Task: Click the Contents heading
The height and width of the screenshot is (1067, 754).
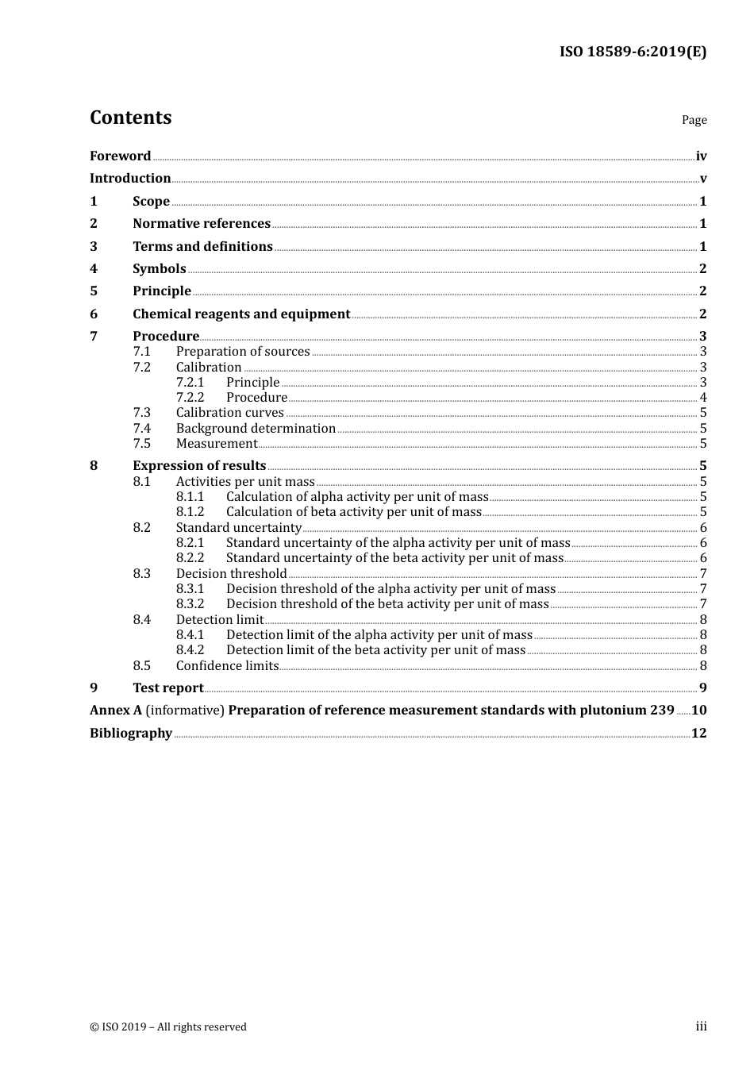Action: pos(130,117)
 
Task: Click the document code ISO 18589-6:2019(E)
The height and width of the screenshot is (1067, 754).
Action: pos(633,52)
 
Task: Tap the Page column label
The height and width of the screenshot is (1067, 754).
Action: pos(694,120)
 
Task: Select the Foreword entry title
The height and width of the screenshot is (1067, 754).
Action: pos(120,156)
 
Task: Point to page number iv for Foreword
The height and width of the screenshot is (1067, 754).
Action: pos(701,156)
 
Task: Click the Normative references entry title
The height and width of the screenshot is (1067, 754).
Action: pos(202,224)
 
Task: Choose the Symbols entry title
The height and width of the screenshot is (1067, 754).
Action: pos(160,269)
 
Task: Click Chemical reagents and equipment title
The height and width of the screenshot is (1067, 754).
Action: pos(241,314)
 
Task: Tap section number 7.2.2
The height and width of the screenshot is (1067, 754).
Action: pos(190,398)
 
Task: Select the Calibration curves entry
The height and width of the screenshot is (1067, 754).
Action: pos(229,413)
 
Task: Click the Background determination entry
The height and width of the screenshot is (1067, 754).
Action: pos(256,429)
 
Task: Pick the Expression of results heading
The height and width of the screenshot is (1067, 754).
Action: pos(199,466)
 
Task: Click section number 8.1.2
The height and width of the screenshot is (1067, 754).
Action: pos(190,512)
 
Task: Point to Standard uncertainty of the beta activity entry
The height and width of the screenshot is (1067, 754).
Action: pos(394,558)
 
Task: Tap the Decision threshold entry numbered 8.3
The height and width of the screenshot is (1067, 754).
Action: pos(231,574)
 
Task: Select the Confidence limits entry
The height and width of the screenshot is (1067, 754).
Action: pos(227,666)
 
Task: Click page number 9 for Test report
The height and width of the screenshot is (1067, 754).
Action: pos(702,688)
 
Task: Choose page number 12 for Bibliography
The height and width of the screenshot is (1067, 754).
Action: pos(698,734)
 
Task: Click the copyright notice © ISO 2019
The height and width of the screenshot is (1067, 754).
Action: pos(168,1027)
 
